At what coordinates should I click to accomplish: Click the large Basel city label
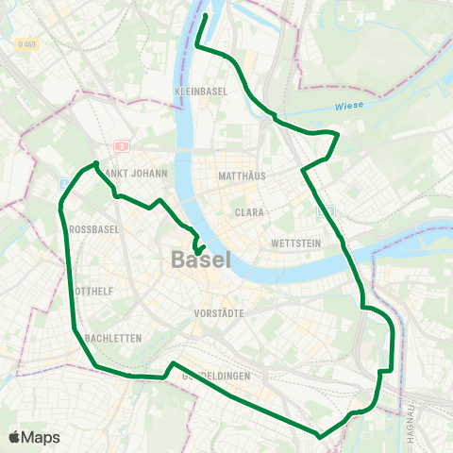point(201,260)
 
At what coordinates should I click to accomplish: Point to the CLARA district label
point(249,213)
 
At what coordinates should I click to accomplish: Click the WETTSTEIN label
point(291,243)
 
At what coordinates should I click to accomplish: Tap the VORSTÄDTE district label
point(219,312)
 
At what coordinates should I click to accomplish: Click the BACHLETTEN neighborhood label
point(112,337)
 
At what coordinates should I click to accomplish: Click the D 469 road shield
point(27,44)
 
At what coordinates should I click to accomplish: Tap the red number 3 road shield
point(120,146)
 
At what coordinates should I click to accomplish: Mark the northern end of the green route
point(206,15)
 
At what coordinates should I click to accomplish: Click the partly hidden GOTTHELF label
point(94,292)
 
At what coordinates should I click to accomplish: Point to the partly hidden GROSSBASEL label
point(92,229)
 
